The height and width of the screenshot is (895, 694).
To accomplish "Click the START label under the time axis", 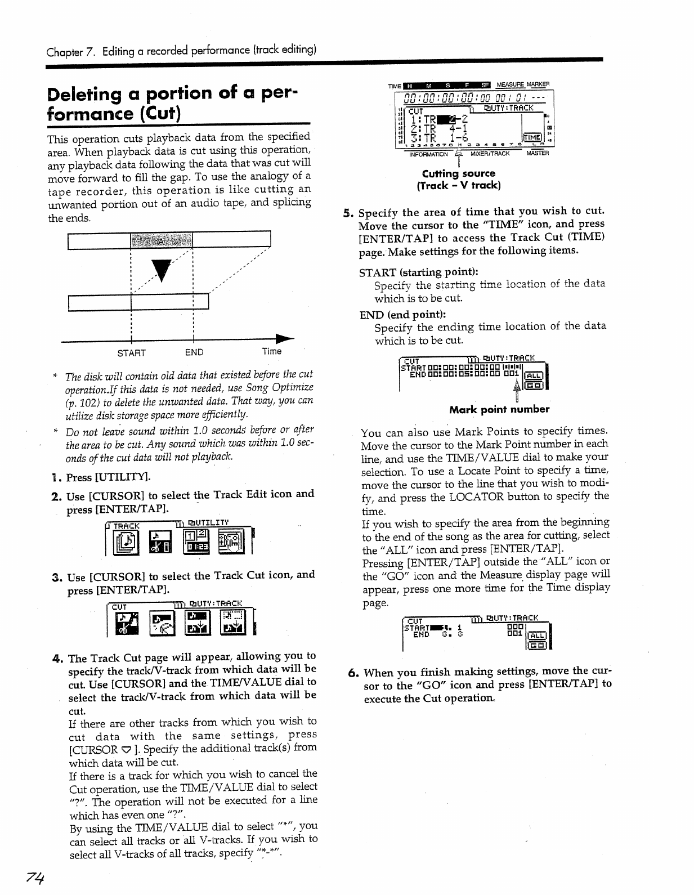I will tap(131, 353).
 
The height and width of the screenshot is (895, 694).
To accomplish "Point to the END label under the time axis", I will tap(194, 352).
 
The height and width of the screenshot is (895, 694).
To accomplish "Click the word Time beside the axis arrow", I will tap(271, 351).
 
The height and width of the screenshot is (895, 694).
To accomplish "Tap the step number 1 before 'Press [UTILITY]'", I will tap(55, 478).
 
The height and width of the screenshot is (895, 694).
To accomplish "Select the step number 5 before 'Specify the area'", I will tap(348, 213).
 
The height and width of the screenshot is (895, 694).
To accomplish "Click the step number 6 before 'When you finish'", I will tap(352, 673).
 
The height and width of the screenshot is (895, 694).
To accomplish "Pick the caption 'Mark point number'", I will tap(499, 409).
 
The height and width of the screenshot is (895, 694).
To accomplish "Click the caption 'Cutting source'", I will tap(459, 173).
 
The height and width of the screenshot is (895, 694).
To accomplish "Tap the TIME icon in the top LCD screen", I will tap(532, 138).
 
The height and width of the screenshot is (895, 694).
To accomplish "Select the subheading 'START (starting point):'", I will tap(418, 272).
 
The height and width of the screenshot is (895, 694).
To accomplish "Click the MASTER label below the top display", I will tap(538, 153).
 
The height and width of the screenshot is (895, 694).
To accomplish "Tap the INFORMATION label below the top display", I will tap(428, 154).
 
